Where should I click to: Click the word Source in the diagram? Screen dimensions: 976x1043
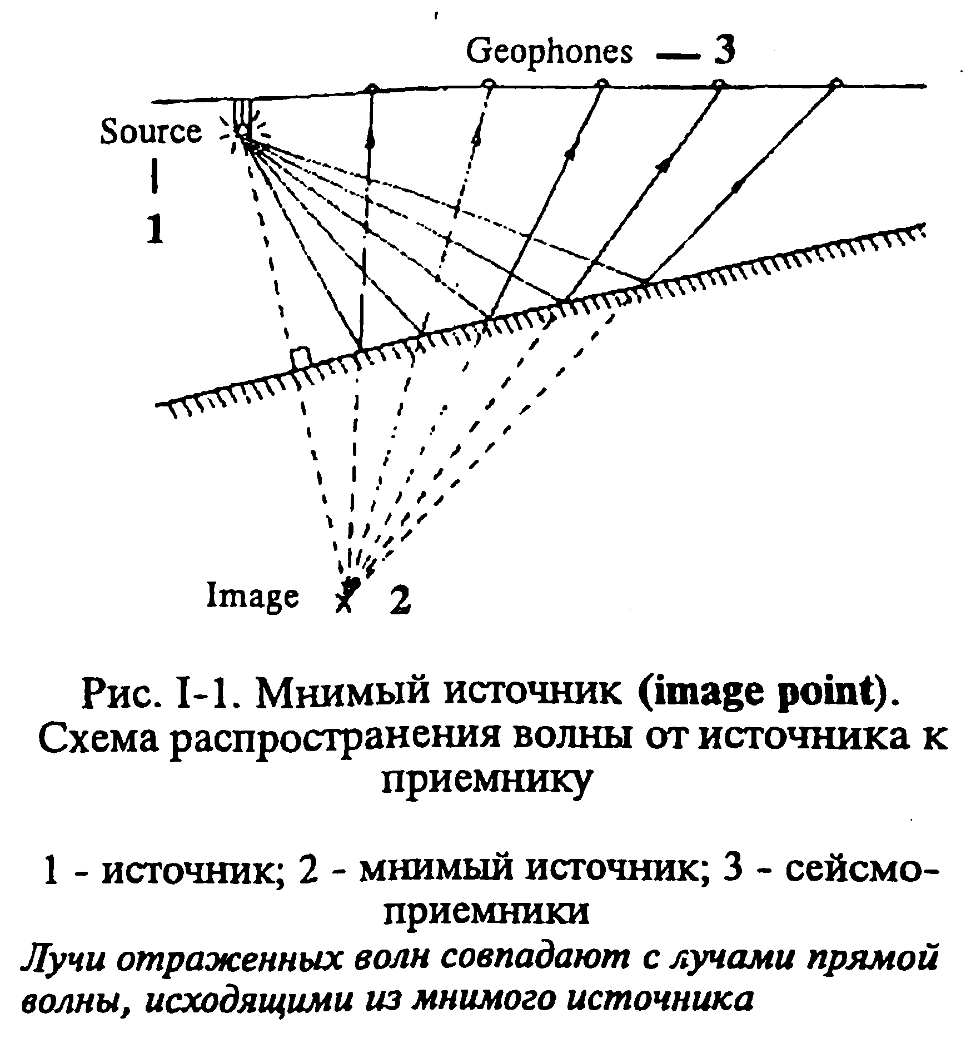[x=151, y=132]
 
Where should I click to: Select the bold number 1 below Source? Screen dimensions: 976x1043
[x=156, y=229]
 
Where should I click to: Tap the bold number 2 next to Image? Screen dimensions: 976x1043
[x=400, y=600]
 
